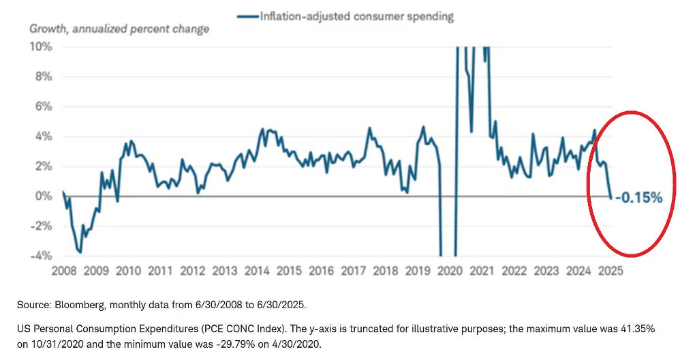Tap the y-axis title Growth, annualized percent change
[119, 29]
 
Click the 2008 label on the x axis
[65, 271]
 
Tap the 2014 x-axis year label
[257, 271]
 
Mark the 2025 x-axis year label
[611, 271]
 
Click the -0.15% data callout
[638, 198]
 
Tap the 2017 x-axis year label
[354, 271]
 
